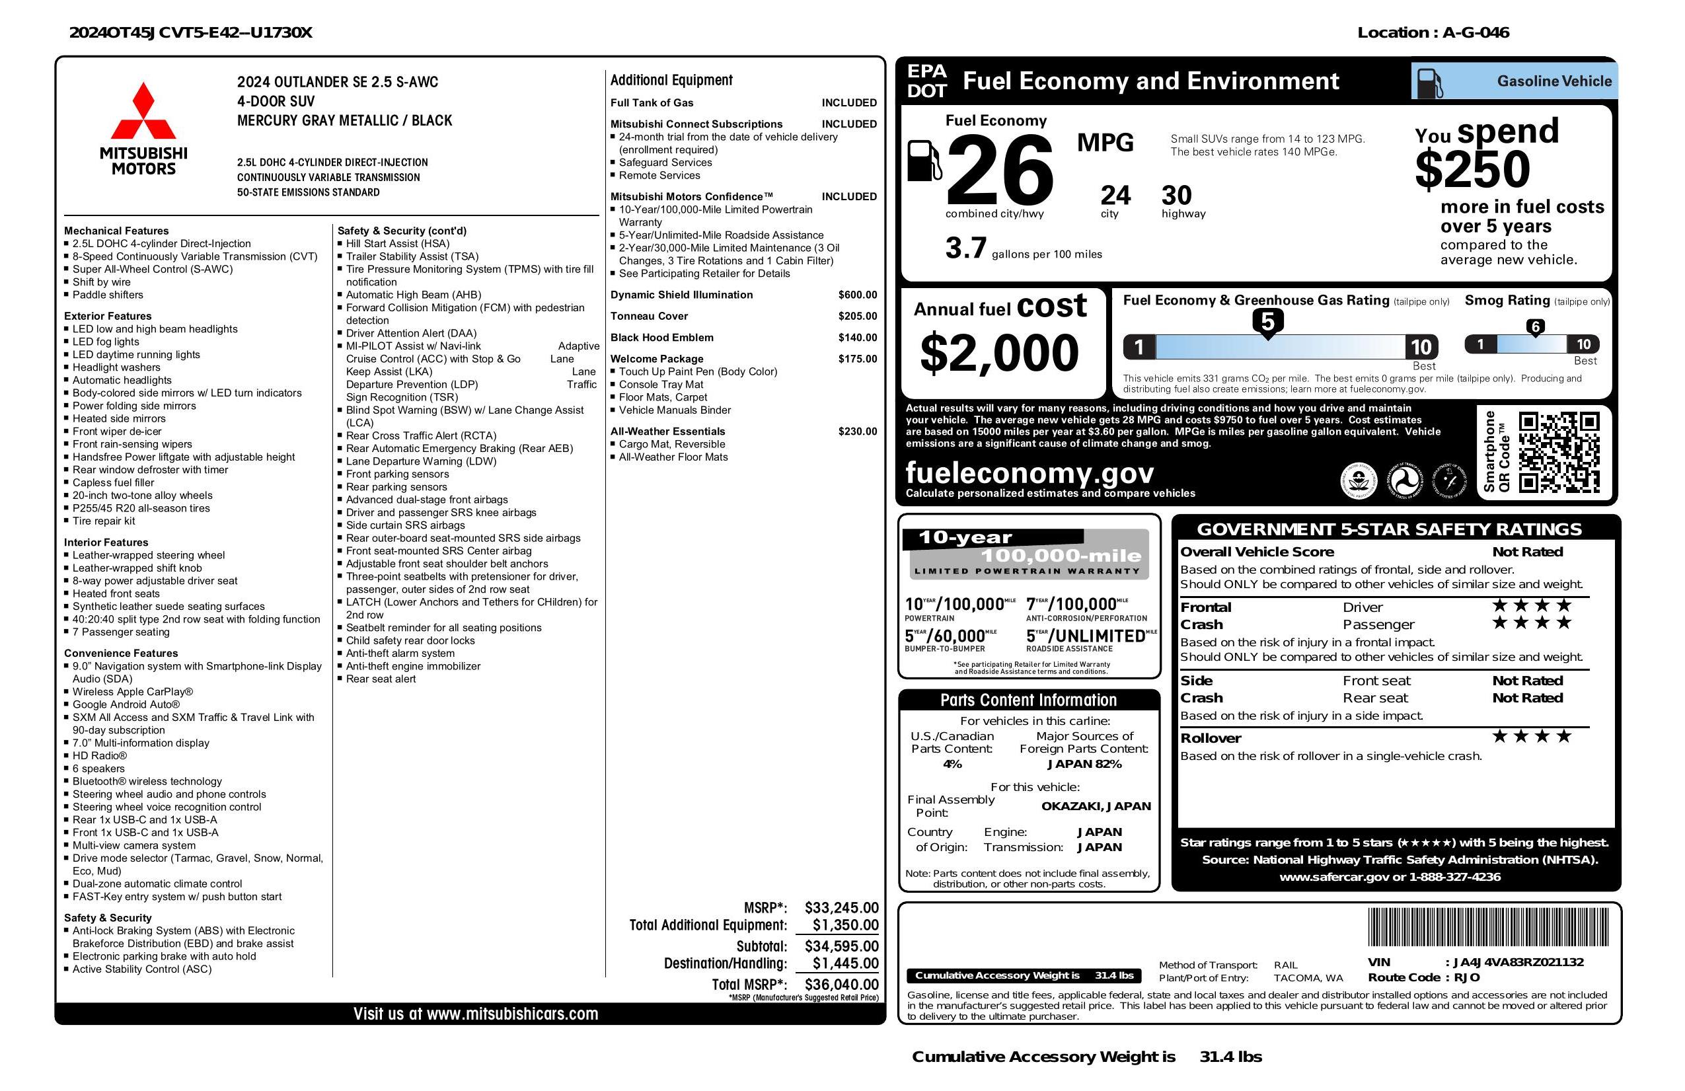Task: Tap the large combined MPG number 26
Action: pos(1000,170)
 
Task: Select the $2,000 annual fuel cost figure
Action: pos(999,353)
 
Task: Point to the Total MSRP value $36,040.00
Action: pos(841,984)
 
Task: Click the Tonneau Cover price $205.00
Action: pos(858,317)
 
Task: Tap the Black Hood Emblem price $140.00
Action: pos(858,338)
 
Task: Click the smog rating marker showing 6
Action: pos(1535,327)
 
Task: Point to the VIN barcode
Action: pos(1488,928)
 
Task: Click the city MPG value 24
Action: pos(1115,196)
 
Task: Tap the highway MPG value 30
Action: pos(1177,196)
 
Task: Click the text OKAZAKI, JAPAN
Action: pos(1096,806)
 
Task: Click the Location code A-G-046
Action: pos(1476,32)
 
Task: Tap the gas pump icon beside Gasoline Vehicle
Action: pos(1429,83)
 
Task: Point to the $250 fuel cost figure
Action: pos(1472,170)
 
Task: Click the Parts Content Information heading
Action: pos(1028,700)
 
